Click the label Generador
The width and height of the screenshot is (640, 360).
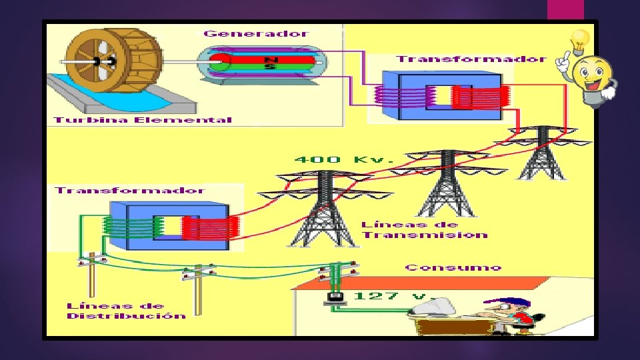[256, 33]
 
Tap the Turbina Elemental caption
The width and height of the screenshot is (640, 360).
[143, 120]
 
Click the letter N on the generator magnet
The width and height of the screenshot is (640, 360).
[269, 59]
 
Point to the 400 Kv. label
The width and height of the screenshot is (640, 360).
[326, 160]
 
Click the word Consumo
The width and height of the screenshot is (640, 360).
[453, 267]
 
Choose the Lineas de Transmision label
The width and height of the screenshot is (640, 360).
[423, 230]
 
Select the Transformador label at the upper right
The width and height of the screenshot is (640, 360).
[471, 59]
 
